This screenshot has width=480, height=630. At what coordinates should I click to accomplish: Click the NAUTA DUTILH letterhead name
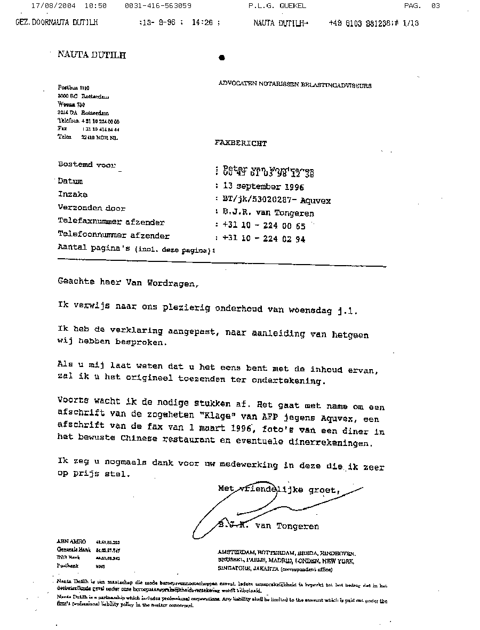tap(91, 54)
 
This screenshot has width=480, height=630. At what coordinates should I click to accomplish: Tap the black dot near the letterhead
tap(222, 58)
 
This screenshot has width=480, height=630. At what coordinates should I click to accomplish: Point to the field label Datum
tap(70, 181)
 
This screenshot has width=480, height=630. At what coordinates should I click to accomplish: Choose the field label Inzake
tap(73, 195)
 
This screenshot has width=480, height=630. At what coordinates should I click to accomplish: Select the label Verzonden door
tap(91, 209)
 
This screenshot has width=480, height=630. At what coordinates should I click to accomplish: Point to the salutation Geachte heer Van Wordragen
tap(128, 282)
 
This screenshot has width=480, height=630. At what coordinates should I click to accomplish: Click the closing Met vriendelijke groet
tap(279, 489)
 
